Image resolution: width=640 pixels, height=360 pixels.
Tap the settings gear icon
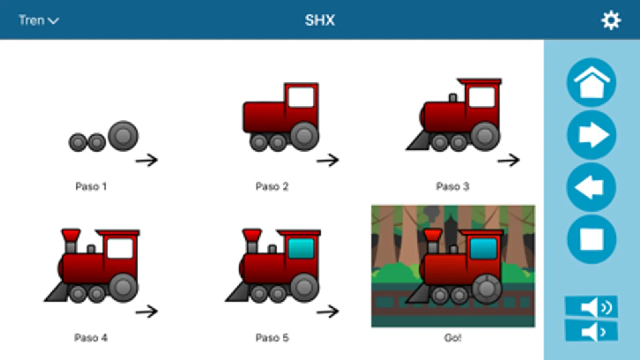[x=611, y=20]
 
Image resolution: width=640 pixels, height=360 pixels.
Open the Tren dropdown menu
[x=38, y=20]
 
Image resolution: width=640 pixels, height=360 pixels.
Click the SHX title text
[x=320, y=20]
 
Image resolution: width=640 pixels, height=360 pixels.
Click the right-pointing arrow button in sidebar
[x=591, y=135]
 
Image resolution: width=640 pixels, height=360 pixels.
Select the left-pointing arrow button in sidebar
[x=591, y=187]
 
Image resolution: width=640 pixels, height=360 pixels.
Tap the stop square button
[x=591, y=239]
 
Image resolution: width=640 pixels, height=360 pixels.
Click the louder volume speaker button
[x=591, y=307]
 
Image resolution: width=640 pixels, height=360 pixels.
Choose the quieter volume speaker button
[x=591, y=331]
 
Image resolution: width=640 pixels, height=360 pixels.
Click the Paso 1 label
[x=91, y=186]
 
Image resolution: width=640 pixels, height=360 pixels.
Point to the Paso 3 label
[x=453, y=186]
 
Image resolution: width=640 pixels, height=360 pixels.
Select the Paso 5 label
[x=272, y=338]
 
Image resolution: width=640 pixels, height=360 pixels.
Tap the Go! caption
[x=453, y=338]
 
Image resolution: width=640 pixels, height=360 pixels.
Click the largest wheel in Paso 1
[x=123, y=136]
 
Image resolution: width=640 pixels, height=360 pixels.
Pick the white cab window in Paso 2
[x=301, y=97]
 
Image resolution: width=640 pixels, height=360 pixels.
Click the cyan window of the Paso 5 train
[x=301, y=248]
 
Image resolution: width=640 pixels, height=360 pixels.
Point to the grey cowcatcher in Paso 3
[x=419, y=140]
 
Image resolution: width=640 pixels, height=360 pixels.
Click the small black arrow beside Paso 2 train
[x=327, y=160]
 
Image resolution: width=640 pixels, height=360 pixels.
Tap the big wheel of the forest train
[x=487, y=289]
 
